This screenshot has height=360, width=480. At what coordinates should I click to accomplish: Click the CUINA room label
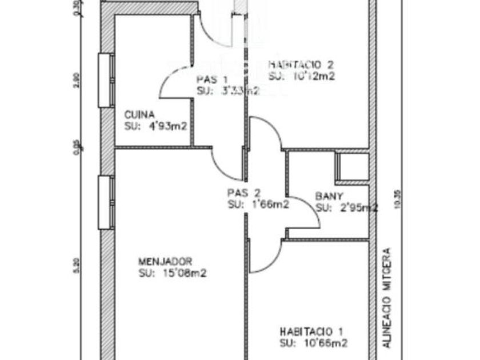click(x=139, y=115)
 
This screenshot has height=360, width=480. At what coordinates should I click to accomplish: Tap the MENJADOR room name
click(x=165, y=262)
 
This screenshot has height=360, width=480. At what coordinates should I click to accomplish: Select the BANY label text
click(x=329, y=197)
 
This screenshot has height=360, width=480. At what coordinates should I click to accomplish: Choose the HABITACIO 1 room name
click(x=312, y=331)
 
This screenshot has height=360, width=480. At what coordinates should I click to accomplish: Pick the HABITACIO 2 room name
click(x=301, y=65)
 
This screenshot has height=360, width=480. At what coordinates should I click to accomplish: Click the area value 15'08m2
click(x=180, y=273)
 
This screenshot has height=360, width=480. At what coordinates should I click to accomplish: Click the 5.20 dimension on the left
click(x=76, y=266)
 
